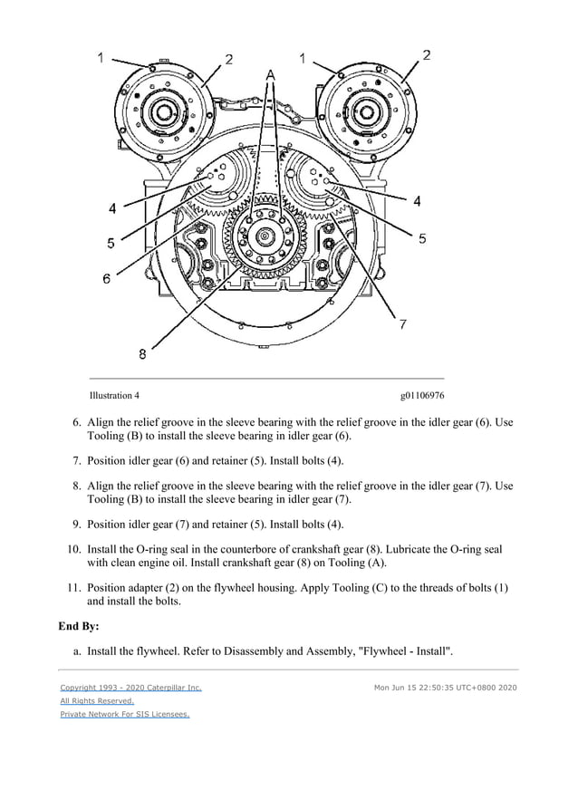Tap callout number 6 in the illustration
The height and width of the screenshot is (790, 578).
106,279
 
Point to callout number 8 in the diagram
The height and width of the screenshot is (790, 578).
142,354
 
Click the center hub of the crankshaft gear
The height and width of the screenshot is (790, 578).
264,237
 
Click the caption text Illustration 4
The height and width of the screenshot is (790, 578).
114,396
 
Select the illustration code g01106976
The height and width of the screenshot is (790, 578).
421,396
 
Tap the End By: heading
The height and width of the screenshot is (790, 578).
79,625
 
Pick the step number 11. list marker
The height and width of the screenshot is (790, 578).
74,587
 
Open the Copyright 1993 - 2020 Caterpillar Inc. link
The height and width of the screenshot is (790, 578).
130,688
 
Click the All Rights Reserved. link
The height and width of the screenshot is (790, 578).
97,700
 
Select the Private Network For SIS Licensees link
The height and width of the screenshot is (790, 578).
125,714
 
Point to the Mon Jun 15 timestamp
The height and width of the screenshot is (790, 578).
445,688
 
